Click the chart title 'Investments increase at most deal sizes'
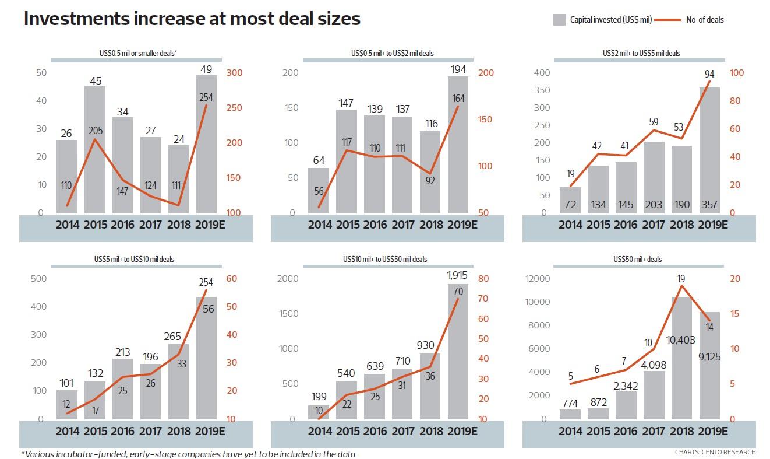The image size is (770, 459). pyautogui.click(x=192, y=19)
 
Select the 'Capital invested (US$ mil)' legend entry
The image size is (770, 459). pyautogui.click(x=602, y=20)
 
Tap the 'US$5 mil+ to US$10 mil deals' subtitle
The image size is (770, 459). pyautogui.click(x=137, y=259)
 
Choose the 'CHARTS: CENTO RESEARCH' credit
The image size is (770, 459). pyautogui.click(x=715, y=452)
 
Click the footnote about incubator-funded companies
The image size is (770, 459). pyautogui.click(x=188, y=454)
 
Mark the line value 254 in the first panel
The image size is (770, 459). pyautogui.click(x=206, y=97)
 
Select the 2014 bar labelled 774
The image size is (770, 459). pyautogui.click(x=570, y=414)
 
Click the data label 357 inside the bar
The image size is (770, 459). pyautogui.click(x=709, y=205)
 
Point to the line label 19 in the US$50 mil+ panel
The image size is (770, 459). pyautogui.click(x=681, y=279)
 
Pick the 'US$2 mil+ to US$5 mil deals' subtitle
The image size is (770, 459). pyautogui.click(x=641, y=53)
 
